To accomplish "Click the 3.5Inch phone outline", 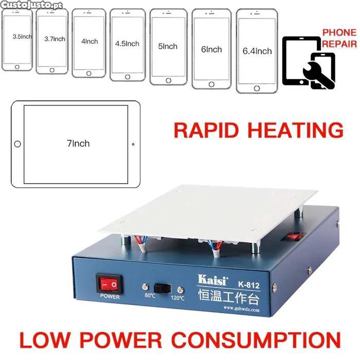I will tap(17, 41).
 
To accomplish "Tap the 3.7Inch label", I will tap(55, 39).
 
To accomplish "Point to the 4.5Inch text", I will tap(127, 44).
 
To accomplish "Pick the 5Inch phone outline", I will tap(168, 47).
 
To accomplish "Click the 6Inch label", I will tap(211, 49).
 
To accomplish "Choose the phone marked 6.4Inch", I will tap(257, 51).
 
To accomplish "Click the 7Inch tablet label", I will tap(78, 143).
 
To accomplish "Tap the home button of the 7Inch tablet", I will tap(17, 144).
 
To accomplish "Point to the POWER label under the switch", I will tap(110, 297).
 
